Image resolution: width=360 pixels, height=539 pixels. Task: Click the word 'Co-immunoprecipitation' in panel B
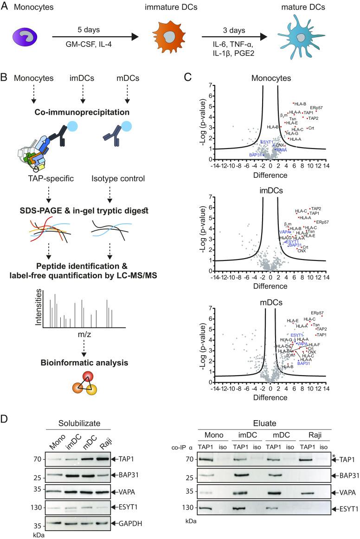(x=81, y=89)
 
